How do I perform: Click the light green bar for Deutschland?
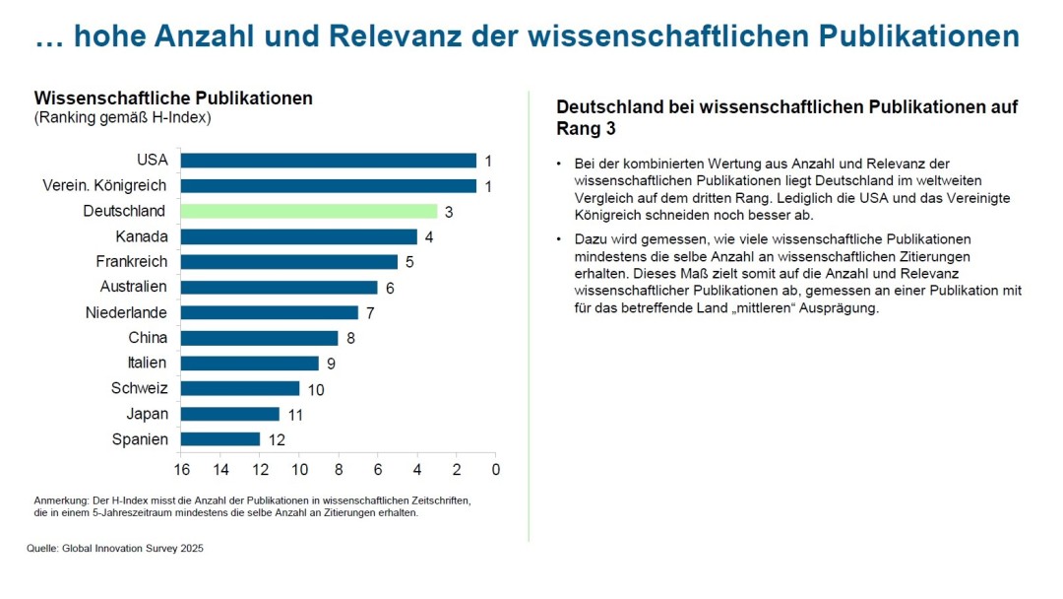pyautogui.click(x=309, y=211)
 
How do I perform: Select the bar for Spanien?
pyautogui.click(x=220, y=439)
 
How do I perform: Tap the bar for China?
pyautogui.click(x=260, y=338)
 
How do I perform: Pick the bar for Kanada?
pyautogui.click(x=299, y=236)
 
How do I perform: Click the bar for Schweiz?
pyautogui.click(x=240, y=388)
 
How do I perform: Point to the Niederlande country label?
pyautogui.click(x=127, y=312)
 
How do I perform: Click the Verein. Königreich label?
pyautogui.click(x=105, y=185)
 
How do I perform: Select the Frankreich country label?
pyautogui.click(x=132, y=262)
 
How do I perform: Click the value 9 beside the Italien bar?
pyautogui.click(x=332, y=364)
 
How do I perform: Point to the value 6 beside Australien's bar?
pyautogui.click(x=390, y=288)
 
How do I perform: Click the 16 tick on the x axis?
pyautogui.click(x=181, y=469)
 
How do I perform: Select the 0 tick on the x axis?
pyautogui.click(x=495, y=469)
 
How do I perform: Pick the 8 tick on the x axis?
pyautogui.click(x=339, y=469)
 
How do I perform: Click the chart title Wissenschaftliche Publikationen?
pyautogui.click(x=173, y=99)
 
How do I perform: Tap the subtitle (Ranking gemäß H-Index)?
pyautogui.click(x=123, y=118)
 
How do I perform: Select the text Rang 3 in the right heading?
pyautogui.click(x=587, y=129)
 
